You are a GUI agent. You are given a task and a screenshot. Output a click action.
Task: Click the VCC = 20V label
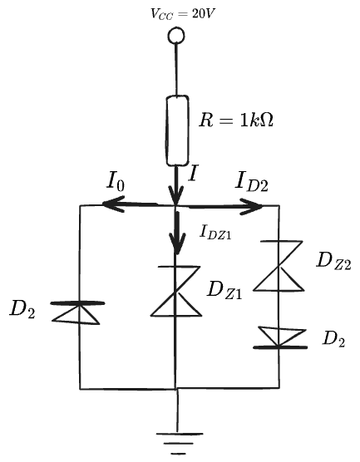click(x=182, y=14)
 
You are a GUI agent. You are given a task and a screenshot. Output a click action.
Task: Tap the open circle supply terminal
click(x=176, y=36)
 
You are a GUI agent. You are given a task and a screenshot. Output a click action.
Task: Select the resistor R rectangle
click(x=177, y=130)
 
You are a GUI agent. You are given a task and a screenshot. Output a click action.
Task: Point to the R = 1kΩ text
click(x=236, y=120)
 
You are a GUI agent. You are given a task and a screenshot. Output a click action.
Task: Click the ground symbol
click(x=179, y=443)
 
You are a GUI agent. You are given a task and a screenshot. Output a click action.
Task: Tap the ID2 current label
click(x=251, y=182)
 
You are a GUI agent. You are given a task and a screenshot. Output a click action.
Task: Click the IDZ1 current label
click(x=215, y=232)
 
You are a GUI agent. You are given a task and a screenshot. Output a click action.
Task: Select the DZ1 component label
click(x=224, y=290)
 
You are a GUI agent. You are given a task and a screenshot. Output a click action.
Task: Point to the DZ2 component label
click(x=333, y=261)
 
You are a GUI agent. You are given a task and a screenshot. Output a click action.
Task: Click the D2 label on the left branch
click(x=22, y=309)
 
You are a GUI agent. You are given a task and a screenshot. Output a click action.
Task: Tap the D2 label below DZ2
click(x=333, y=339)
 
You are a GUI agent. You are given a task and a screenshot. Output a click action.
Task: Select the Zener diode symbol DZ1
click(x=176, y=291)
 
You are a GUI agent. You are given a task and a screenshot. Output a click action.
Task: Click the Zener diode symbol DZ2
click(x=279, y=266)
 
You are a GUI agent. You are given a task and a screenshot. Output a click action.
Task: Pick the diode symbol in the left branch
click(x=77, y=312)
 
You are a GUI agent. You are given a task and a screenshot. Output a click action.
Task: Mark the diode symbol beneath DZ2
click(x=280, y=337)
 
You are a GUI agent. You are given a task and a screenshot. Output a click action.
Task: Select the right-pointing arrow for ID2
click(x=225, y=207)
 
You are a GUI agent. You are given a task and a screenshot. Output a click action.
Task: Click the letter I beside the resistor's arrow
click(x=193, y=173)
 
